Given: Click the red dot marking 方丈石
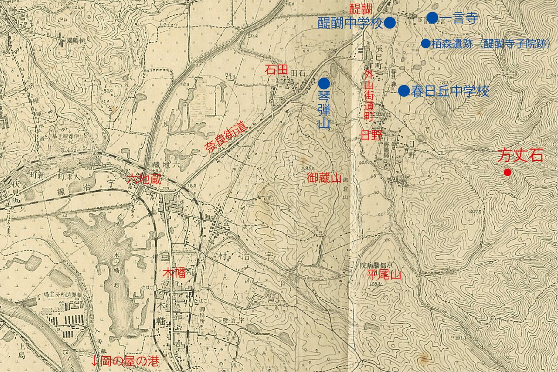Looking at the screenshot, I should coord(507,173).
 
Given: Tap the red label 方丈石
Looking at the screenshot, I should coord(520,155).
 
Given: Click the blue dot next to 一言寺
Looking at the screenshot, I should coord(432,18).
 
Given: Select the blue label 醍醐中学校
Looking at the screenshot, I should coord(350,23).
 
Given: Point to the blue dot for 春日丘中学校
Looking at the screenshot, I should coord(404,91).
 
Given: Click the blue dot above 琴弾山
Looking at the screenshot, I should coord(324,84).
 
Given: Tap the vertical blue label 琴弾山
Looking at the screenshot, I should coord(324,110).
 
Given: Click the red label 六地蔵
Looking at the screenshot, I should coord(144,179).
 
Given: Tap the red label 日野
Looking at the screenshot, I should coord(372,135).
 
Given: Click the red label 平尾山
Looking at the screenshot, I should coord(384,275).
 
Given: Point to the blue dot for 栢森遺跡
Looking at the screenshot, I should coord(425,44).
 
